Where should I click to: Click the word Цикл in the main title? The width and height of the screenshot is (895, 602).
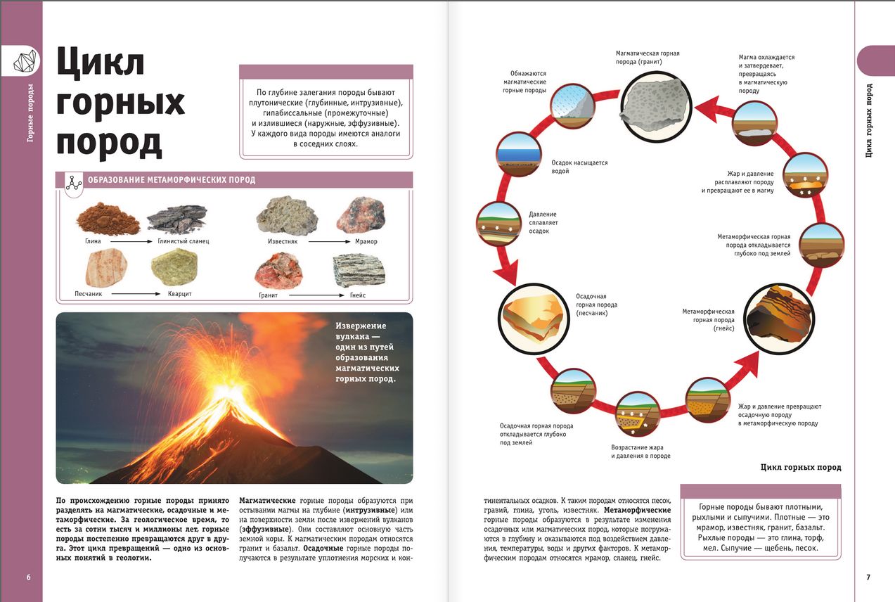tap(100, 63)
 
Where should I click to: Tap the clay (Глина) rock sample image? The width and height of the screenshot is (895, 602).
tap(108, 219)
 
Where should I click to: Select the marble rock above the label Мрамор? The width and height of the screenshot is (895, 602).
tap(361, 216)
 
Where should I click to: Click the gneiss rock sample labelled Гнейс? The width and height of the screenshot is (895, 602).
tap(359, 271)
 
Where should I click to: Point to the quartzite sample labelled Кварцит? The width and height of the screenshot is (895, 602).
tap(174, 267)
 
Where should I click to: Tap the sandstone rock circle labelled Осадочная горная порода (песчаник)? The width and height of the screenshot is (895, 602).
tap(534, 312)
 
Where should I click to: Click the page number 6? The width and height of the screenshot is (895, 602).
tap(28, 577)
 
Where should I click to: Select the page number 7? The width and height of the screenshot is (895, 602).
tap(868, 577)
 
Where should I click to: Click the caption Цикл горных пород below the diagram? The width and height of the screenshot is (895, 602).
tap(801, 467)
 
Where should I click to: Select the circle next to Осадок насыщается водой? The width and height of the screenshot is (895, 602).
tap(519, 153)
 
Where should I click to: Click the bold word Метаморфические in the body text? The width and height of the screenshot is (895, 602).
tap(638, 510)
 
